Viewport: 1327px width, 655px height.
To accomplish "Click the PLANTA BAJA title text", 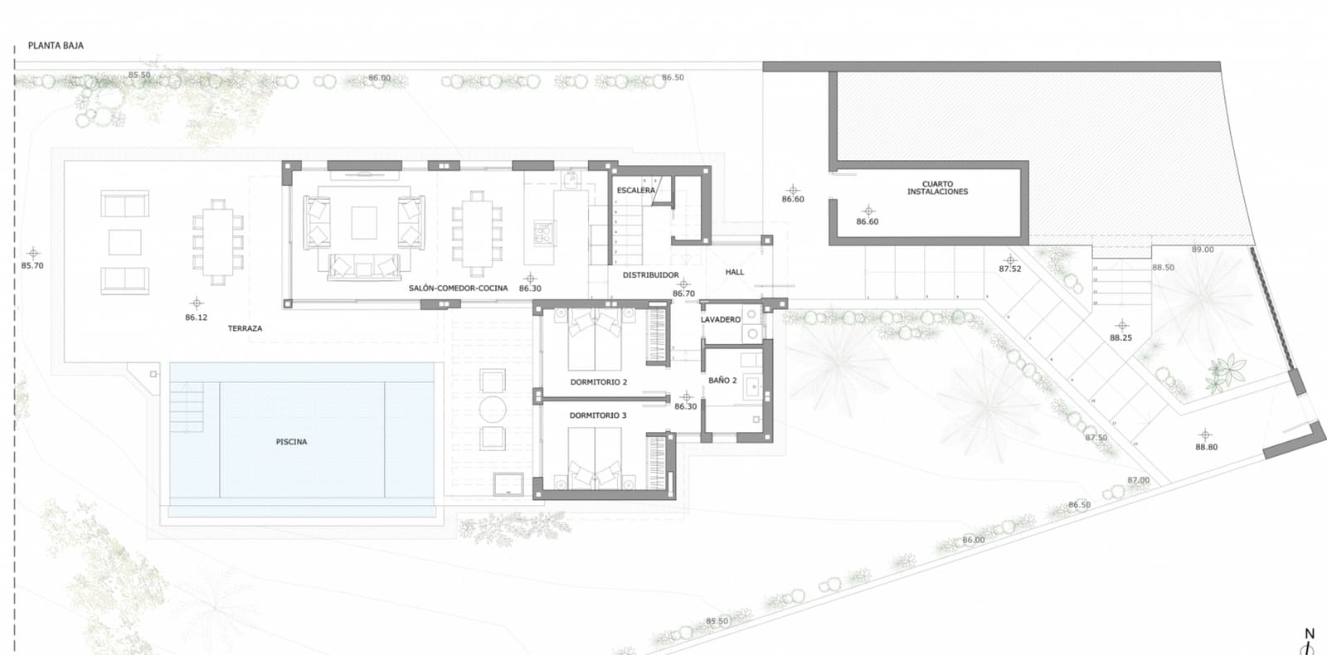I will [x=56, y=46].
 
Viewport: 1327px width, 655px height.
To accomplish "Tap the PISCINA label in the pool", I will [x=291, y=442].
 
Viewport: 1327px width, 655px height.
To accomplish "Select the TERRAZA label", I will [x=245, y=328].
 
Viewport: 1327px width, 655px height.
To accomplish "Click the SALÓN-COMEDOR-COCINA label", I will [x=458, y=289].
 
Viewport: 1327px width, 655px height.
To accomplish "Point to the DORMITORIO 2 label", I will [x=598, y=382].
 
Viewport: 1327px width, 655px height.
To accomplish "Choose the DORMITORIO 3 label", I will [x=597, y=415].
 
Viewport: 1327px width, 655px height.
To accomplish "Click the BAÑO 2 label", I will [x=722, y=381].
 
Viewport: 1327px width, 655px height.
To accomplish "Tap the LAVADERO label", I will [x=720, y=319].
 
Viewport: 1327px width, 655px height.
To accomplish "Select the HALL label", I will [x=734, y=272].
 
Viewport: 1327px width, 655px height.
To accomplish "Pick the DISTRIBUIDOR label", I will [x=650, y=275].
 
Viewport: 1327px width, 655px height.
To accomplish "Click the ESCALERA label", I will [x=635, y=191].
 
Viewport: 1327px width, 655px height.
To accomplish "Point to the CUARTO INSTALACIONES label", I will [x=937, y=188].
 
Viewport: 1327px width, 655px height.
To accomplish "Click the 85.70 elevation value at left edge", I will [x=32, y=266].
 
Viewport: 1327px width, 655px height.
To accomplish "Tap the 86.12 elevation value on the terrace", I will [x=196, y=318].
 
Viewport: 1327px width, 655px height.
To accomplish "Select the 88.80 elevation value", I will [x=1206, y=447].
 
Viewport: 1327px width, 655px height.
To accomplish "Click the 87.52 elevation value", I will [x=1009, y=269].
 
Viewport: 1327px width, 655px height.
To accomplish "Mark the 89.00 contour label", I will [x=1202, y=250].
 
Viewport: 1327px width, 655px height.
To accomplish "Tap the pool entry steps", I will [x=187, y=406].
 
